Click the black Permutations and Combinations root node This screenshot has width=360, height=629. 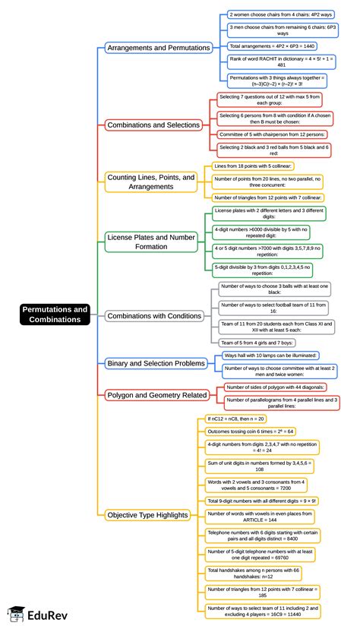coord(55,314)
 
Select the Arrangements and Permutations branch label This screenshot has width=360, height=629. coord(158,48)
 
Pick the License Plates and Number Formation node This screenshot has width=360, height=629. coord(152,242)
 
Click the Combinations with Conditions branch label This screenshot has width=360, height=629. coord(154,315)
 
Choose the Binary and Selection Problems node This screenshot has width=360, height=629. coord(156,364)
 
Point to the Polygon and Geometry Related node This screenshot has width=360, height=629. coord(156,394)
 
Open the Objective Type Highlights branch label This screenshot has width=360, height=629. coord(147,514)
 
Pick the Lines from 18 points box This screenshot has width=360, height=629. coord(253,166)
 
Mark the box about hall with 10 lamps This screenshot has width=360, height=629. coord(270,356)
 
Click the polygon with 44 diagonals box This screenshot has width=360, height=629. coord(271,387)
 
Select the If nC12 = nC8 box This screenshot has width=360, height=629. coord(236,419)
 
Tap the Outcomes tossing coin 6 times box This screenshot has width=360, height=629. coord(251,431)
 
